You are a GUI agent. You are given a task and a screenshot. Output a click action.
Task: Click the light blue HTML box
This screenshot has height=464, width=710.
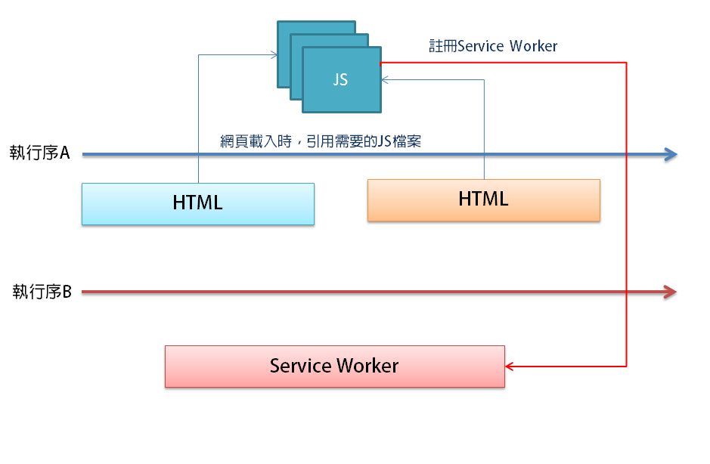click(x=197, y=203)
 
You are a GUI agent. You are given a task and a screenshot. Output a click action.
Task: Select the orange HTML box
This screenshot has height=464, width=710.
click(x=483, y=200)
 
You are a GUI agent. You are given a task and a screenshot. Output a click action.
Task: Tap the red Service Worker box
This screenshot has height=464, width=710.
click(x=334, y=367)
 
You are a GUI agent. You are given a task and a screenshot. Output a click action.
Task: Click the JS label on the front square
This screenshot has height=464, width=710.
click(x=341, y=79)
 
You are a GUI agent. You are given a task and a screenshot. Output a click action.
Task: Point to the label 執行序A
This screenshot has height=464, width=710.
click(x=40, y=153)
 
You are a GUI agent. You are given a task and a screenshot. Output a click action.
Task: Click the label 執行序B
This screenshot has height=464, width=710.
click(x=42, y=291)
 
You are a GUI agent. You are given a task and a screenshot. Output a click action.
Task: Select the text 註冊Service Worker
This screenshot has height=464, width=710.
click(x=493, y=46)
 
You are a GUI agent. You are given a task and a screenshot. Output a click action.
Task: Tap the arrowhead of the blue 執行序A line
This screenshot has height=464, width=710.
click(x=671, y=155)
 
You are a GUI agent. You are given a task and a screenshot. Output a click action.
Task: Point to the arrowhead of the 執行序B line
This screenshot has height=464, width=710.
click(x=669, y=292)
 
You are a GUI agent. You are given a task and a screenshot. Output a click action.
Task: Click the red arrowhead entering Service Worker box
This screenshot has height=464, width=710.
click(x=510, y=367)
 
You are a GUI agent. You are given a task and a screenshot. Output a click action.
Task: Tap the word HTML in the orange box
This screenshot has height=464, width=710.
click(x=483, y=199)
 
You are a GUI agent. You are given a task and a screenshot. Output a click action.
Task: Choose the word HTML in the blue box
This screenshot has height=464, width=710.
click(x=197, y=203)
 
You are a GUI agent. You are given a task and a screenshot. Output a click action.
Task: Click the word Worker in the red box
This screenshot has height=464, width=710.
click(x=367, y=367)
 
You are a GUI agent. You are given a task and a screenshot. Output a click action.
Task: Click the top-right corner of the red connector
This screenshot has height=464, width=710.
click(x=627, y=63)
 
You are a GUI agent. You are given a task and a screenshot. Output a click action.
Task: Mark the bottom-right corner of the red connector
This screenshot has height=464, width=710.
click(x=627, y=367)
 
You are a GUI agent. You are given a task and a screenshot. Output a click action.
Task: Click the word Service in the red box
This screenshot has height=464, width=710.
click(x=301, y=367)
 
